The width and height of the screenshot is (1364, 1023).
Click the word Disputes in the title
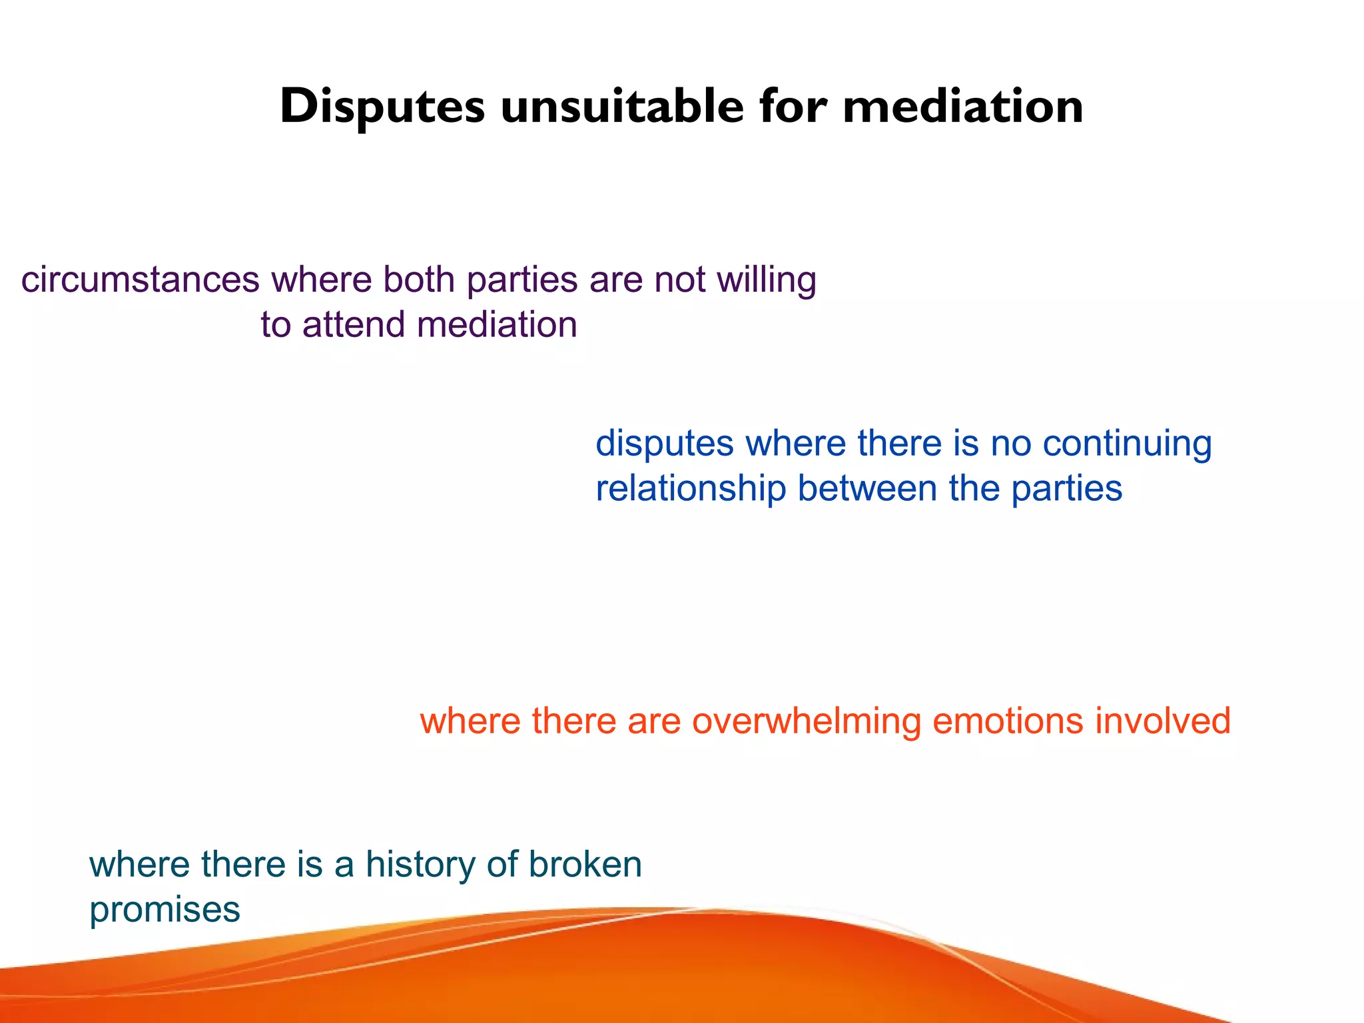tap(382, 107)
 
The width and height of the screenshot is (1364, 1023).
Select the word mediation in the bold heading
tap(962, 107)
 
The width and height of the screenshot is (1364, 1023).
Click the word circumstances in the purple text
tap(140, 280)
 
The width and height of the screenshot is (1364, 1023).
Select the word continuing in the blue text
tap(1126, 444)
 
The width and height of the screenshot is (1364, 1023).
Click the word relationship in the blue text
tap(691, 489)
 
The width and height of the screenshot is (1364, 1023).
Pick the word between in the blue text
tap(867, 489)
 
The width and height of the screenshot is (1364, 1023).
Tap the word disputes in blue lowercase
tap(664, 444)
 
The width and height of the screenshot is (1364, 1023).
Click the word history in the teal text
tap(420, 864)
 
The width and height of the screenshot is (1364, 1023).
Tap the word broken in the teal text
tap(585, 864)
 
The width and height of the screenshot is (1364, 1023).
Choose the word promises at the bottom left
tap(165, 910)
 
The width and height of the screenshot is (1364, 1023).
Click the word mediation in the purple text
tap(497, 325)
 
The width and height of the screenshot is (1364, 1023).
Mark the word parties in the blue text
tap(1066, 489)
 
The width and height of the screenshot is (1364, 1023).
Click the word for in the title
tap(793, 107)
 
